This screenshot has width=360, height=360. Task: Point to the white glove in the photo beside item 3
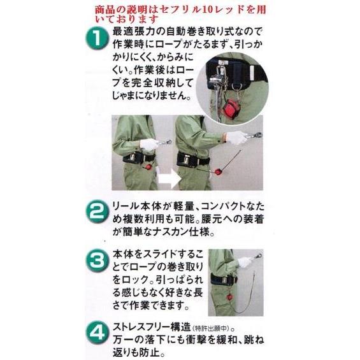coord(244,262)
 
